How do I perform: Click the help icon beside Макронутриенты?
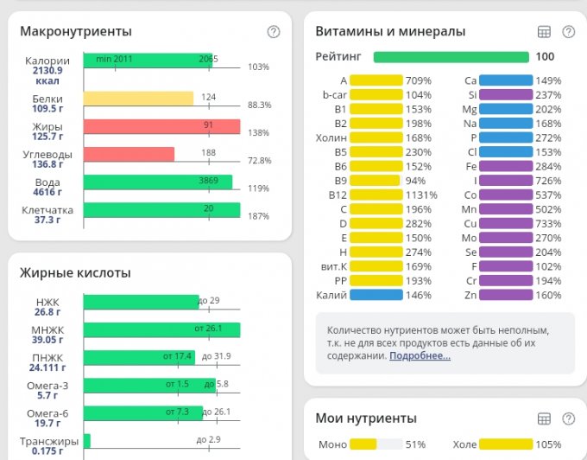point(274,32)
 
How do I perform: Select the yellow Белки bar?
point(138,99)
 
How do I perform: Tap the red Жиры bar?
point(161,126)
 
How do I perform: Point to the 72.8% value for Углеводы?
point(259,161)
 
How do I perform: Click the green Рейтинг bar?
point(451,57)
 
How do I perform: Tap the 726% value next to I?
point(548,180)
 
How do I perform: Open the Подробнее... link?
point(420,355)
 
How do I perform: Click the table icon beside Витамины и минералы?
point(544,32)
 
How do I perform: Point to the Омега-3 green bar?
point(143,385)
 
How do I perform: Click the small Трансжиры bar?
point(87,440)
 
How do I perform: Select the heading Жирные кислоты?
point(75,273)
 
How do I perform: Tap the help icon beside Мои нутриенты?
point(569,418)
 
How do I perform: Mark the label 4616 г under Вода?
point(47,192)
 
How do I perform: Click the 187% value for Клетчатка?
point(259,216)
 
